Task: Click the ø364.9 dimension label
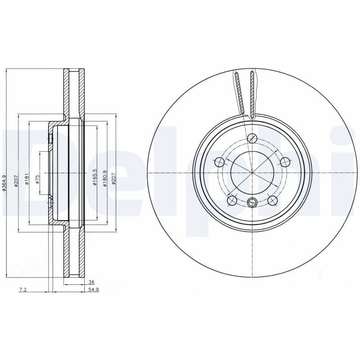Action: click(x=4, y=183)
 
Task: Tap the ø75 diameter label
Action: click(x=38, y=179)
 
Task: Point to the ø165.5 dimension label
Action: click(x=95, y=177)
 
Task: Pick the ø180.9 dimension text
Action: click(x=105, y=178)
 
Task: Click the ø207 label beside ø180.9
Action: click(x=114, y=179)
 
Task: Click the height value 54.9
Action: click(x=93, y=290)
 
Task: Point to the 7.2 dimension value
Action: click(x=23, y=290)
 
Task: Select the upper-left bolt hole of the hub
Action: click(x=219, y=162)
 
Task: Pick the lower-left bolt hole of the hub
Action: click(x=232, y=200)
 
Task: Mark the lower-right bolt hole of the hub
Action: click(x=272, y=200)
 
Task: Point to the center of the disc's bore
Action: click(x=252, y=172)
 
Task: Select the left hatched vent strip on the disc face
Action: click(x=239, y=92)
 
